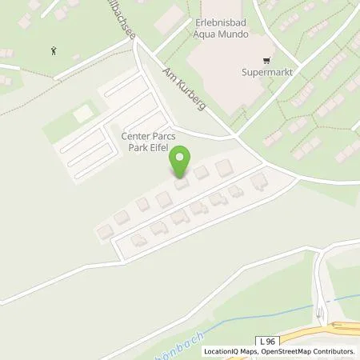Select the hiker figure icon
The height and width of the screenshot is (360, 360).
[x=54, y=50]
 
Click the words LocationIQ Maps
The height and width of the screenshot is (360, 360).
[x=230, y=351]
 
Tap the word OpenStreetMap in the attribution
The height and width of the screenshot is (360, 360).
[x=286, y=351]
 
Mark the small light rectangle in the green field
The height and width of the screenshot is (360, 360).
[x=83, y=114]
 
